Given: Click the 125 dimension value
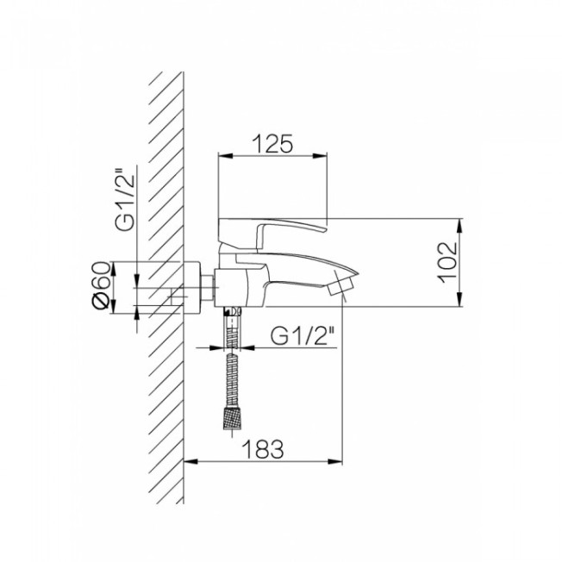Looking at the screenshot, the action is click(272, 144).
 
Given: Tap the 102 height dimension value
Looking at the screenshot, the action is click(448, 263).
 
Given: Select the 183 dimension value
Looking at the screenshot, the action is click(263, 449).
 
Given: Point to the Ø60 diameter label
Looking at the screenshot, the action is click(101, 285).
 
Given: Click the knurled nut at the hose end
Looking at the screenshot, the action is click(232, 417).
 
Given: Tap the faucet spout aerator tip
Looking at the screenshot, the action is click(341, 285).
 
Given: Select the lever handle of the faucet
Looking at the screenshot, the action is click(272, 233).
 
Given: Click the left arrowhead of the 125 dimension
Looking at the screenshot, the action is click(226, 156).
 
